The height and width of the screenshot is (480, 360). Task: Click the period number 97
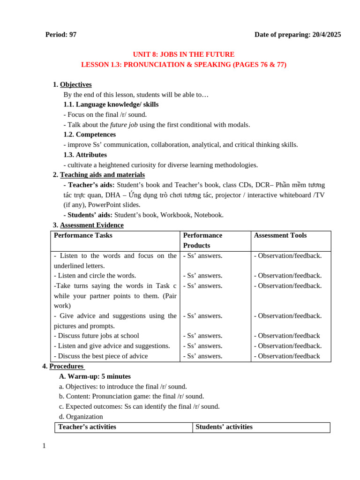click(x=72, y=35)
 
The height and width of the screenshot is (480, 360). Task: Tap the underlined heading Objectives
click(x=75, y=84)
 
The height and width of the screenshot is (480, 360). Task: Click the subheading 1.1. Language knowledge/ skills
click(x=111, y=105)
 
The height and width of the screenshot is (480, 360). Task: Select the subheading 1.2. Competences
click(x=90, y=135)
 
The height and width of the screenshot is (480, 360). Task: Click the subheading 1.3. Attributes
click(x=85, y=155)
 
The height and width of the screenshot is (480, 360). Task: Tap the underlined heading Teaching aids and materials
click(x=102, y=175)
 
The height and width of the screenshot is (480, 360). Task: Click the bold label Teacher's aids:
click(x=91, y=185)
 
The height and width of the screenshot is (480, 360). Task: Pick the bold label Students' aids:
click(x=90, y=215)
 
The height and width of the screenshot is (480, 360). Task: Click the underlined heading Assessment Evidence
click(x=91, y=225)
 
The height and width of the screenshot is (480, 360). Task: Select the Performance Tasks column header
click(x=83, y=235)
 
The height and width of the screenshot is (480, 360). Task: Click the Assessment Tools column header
click(x=280, y=235)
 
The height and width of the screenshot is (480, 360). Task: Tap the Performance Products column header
click(x=202, y=240)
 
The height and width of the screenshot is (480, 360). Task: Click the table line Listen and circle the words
click(x=95, y=276)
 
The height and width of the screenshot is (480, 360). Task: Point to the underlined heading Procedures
click(x=66, y=366)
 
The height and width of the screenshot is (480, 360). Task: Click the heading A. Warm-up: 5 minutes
click(x=95, y=376)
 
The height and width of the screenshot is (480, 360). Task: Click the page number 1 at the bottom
click(x=44, y=446)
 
